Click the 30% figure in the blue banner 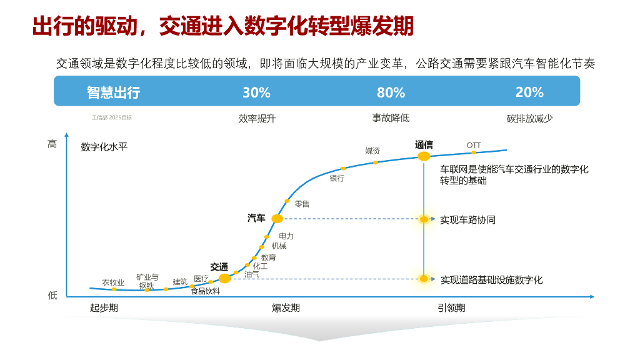coord(256,92)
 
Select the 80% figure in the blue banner coord(391,92)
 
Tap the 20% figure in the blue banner coord(529,92)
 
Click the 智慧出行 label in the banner coord(113,92)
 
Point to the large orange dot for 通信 coord(424,156)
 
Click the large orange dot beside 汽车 coord(277,219)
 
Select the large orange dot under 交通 coord(224,278)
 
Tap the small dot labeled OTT coord(474,152)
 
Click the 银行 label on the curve coord(337,178)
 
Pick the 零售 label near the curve coord(302,204)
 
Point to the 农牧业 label coord(113,282)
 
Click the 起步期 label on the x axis coord(104,307)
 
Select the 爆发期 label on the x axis coord(286,307)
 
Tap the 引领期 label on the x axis coord(451,307)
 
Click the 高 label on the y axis coord(52,144)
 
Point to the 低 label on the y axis coord(52,295)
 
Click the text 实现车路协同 coord(467,220)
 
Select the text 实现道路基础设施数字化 coord(491,279)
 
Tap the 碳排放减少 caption coord(529,117)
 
